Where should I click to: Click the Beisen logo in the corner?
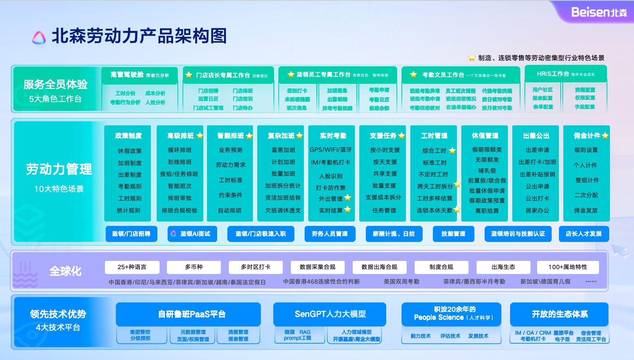(599, 12)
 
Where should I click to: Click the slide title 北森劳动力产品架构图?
(139, 36)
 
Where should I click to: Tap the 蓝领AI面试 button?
(192, 234)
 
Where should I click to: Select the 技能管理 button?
(453, 234)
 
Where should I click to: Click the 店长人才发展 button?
(583, 234)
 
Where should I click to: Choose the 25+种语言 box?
(132, 267)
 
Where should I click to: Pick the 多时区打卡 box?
(255, 267)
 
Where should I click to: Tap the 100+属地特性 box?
(568, 267)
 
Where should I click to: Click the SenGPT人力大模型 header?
(330, 314)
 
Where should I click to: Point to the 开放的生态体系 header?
(559, 314)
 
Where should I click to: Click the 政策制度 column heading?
(128, 136)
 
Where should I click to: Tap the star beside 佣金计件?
(605, 136)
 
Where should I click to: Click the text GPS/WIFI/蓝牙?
(331, 150)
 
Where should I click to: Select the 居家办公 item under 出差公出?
(537, 210)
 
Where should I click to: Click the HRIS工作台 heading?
(552, 74)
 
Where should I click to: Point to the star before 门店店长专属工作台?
(189, 75)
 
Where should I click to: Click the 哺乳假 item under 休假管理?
(487, 171)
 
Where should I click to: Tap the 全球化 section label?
(66, 271)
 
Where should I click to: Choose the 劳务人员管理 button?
(330, 234)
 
